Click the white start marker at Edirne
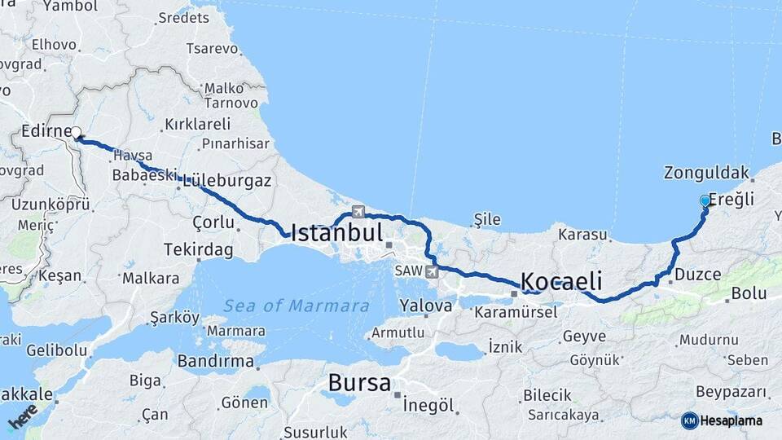click(76, 132)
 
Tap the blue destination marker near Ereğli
click(705, 200)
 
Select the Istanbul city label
click(336, 234)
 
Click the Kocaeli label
click(561, 282)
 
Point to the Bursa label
click(359, 383)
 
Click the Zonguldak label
click(705, 173)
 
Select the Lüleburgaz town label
click(227, 180)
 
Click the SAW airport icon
click(431, 271)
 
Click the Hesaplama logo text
click(731, 420)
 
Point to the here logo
click(23, 417)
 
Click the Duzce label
click(698, 275)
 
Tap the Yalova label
click(425, 306)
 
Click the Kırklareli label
click(197, 124)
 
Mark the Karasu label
click(583, 235)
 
